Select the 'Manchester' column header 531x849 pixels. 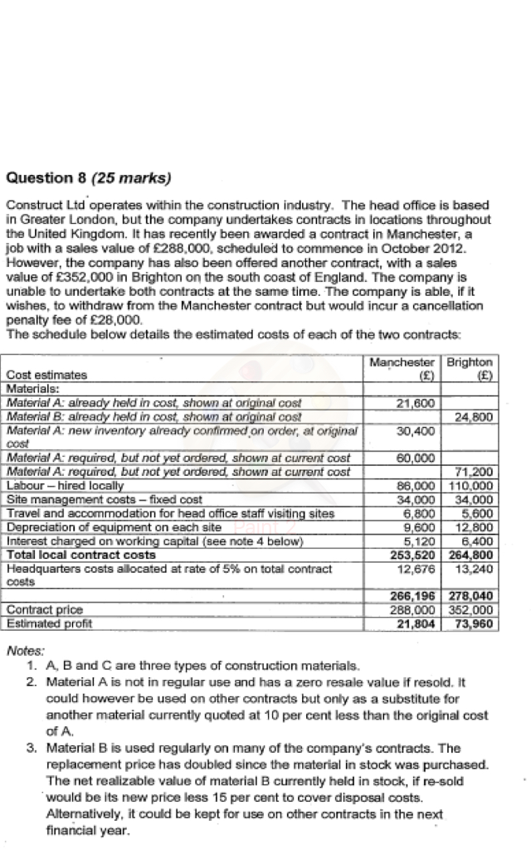click(402, 362)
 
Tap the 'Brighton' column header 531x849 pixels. click(470, 362)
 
